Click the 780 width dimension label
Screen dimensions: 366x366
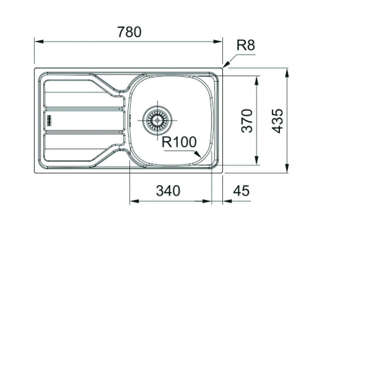click(x=129, y=32)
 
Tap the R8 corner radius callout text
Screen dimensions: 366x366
click(x=246, y=45)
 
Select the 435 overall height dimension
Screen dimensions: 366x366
click(x=277, y=121)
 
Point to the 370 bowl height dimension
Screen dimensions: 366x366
click(x=247, y=121)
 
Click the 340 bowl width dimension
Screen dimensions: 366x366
click(x=168, y=191)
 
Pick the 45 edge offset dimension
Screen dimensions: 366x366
click(x=241, y=191)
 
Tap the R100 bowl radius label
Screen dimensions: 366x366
click(x=179, y=142)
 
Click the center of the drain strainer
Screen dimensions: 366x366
click(x=157, y=120)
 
